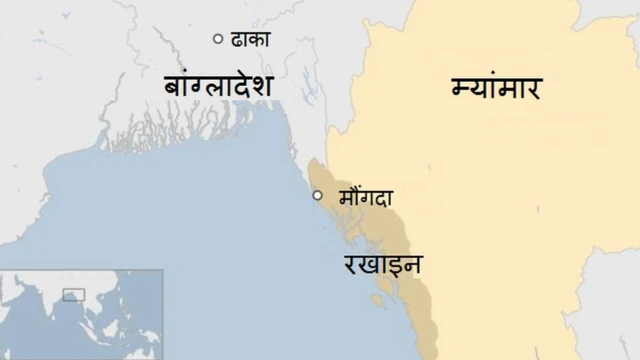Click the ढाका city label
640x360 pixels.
tap(251, 40)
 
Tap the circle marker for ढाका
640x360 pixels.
tap(218, 38)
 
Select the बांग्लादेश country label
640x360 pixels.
tap(219, 87)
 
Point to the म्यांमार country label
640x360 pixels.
tap(494, 89)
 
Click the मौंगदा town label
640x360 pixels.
tap(365, 197)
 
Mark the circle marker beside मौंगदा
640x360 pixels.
tap(317, 195)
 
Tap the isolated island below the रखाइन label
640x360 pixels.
tap(377, 299)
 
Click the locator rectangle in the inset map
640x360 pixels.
tap(73, 294)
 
